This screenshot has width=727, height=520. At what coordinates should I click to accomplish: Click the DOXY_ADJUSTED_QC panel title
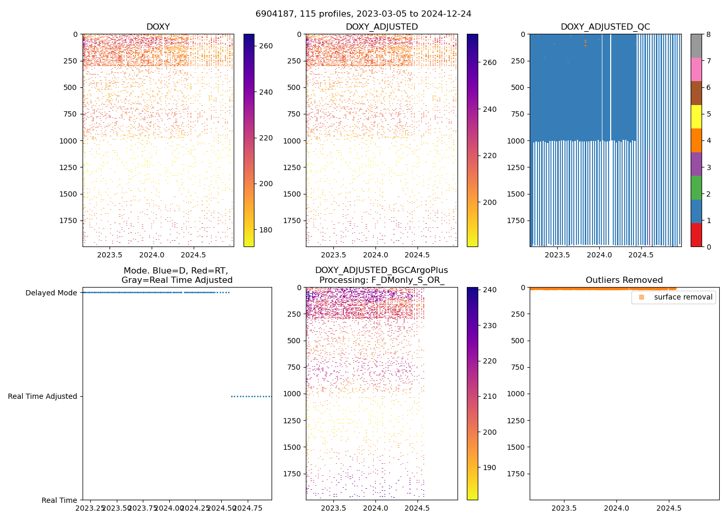[x=605, y=27]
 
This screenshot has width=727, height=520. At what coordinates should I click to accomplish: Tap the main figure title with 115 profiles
[x=363, y=14]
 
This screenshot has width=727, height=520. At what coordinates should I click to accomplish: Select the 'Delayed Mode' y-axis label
[x=51, y=293]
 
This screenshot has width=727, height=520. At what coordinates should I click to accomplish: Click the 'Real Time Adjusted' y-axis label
[x=42, y=396]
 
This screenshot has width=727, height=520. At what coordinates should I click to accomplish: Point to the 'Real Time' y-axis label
[x=59, y=500]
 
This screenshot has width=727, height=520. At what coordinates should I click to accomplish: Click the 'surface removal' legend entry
[x=683, y=297]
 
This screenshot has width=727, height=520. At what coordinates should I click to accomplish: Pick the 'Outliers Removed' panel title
[x=624, y=280]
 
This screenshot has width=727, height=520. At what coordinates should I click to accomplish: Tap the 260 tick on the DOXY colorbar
[x=266, y=46]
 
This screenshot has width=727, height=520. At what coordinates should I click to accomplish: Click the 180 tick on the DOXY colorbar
[x=266, y=230]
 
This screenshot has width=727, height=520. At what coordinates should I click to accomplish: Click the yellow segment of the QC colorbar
[x=696, y=116]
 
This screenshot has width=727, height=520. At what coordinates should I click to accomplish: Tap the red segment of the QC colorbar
[x=696, y=235]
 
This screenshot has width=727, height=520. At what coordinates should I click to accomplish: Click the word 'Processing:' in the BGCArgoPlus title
[x=341, y=280]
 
